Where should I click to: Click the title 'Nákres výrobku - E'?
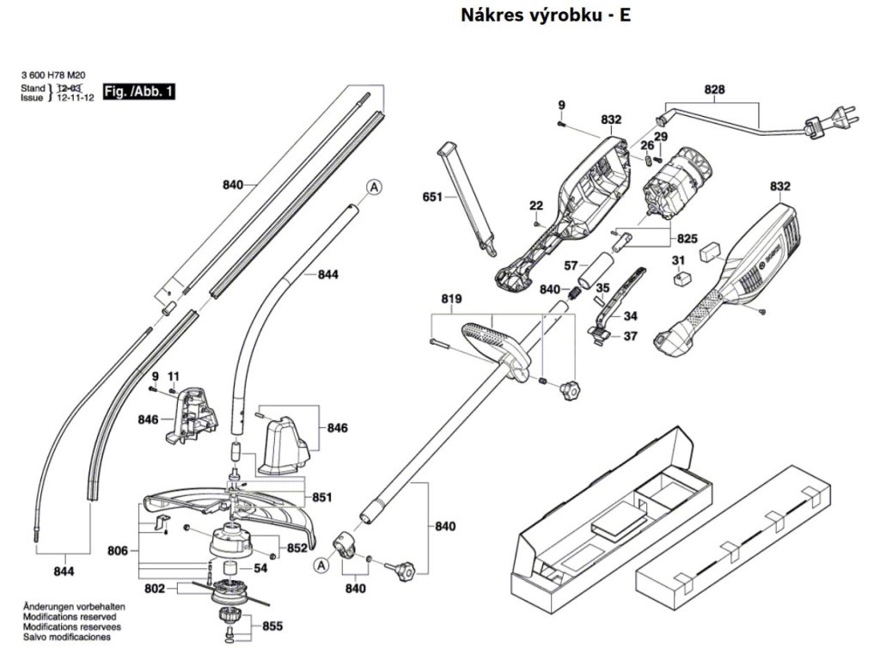coord(546,16)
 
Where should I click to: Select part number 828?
coord(714,89)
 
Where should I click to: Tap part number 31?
coord(678,260)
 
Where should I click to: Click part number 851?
coord(322,497)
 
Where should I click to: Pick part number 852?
coord(297,547)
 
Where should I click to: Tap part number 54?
coord(260,568)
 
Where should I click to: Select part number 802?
coord(156,590)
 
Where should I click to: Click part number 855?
coord(272,626)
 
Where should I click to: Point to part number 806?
coord(118,551)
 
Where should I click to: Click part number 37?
coord(630,336)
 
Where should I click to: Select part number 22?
coord(536,205)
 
